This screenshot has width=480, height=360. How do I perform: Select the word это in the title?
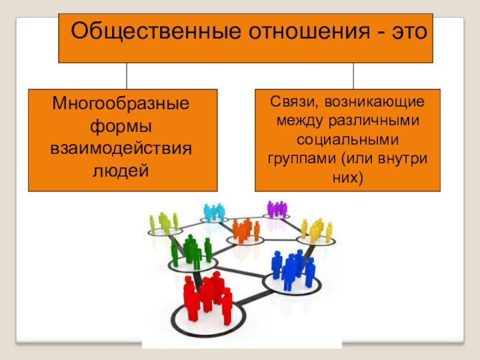(405, 30)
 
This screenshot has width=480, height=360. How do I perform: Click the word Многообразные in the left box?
(123, 103)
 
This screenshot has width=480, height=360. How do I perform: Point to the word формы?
(122, 125)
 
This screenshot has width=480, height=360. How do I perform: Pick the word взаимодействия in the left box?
(122, 148)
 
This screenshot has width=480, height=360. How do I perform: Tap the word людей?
(122, 169)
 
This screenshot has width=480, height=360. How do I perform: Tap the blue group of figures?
(293, 267)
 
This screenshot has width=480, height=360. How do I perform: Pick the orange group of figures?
(245, 230)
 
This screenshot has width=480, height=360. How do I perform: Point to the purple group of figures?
(277, 209)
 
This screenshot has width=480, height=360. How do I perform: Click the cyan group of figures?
(214, 212)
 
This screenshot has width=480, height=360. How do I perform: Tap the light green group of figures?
(163, 222)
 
